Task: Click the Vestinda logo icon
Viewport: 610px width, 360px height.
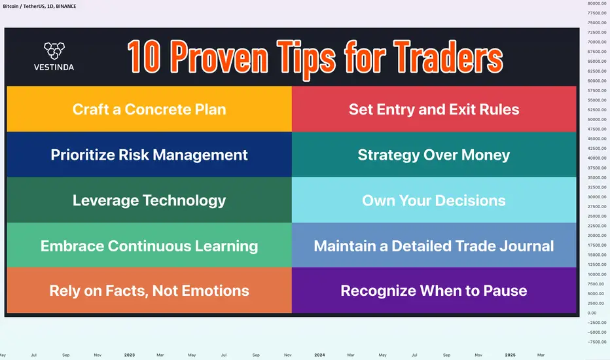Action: pyautogui.click(x=54, y=50)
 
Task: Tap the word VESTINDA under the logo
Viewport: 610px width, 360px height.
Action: pyautogui.click(x=54, y=67)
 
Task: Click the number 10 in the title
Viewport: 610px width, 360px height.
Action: pyautogui.click(x=144, y=57)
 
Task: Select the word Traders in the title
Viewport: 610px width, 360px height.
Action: pyautogui.click(x=448, y=57)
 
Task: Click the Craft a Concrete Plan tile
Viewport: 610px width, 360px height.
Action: pyautogui.click(x=149, y=109)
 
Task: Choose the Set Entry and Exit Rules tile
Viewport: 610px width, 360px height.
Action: pyautogui.click(x=434, y=109)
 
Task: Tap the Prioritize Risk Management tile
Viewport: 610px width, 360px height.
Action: pyautogui.click(x=149, y=154)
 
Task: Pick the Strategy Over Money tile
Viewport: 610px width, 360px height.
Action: pyautogui.click(x=434, y=154)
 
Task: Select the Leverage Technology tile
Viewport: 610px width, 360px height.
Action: pyautogui.click(x=149, y=200)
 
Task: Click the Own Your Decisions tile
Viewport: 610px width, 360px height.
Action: pyautogui.click(x=434, y=200)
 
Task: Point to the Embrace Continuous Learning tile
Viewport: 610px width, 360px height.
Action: pyautogui.click(x=149, y=245)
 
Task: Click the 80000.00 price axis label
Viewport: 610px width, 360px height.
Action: pyautogui.click(x=597, y=3)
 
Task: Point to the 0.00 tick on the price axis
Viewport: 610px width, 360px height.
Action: pyautogui.click(x=592, y=313)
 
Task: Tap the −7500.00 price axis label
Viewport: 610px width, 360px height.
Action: pyautogui.click(x=597, y=342)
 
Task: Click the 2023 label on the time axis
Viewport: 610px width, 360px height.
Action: pyautogui.click(x=130, y=355)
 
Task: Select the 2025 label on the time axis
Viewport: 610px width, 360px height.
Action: pyautogui.click(x=510, y=355)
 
